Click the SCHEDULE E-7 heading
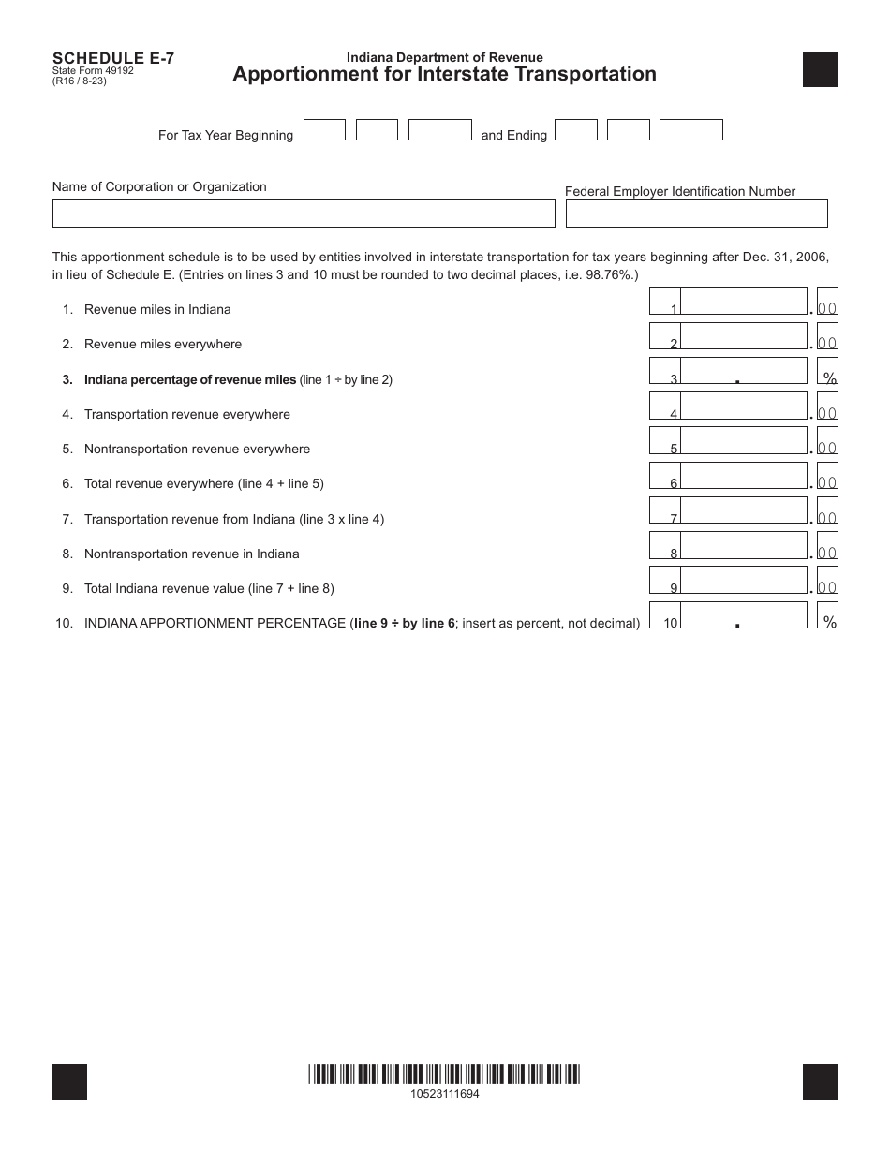(113, 57)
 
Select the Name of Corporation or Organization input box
(304, 214)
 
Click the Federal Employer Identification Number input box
(696, 214)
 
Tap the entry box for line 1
(743, 301)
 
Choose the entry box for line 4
(743, 406)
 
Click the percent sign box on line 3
(828, 371)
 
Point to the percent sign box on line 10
(828, 615)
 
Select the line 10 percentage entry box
(743, 615)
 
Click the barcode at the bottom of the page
(444, 1074)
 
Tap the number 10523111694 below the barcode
(444, 1094)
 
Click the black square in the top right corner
(820, 70)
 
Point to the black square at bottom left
(70, 1082)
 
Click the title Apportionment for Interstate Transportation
(444, 74)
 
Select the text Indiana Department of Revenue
(444, 57)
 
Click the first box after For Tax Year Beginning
(325, 130)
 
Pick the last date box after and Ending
(690, 130)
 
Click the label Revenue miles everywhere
(163, 344)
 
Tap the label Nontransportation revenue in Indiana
(191, 554)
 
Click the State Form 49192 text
(93, 70)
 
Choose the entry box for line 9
(743, 580)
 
